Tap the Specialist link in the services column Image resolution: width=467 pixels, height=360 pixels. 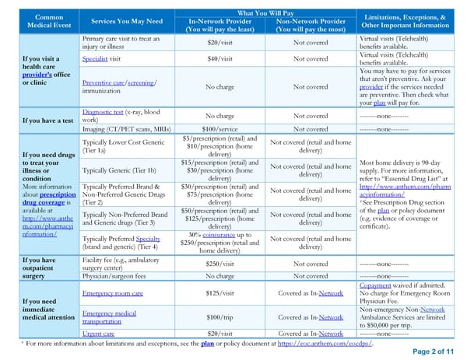pos(94,58)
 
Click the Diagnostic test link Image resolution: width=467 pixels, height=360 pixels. pos(104,112)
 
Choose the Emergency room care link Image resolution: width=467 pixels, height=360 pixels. pos(113,293)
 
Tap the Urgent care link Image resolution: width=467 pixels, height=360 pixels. pos(98,333)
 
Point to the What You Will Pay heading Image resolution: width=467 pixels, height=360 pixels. pos(267,12)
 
